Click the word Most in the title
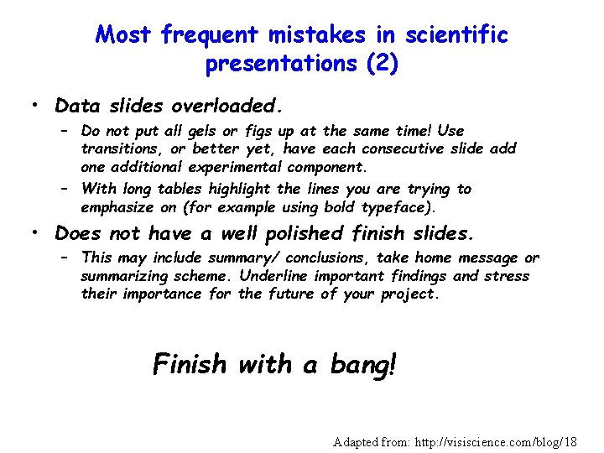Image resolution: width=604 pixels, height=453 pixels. click(124, 35)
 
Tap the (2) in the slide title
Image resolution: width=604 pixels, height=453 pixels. click(381, 64)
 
